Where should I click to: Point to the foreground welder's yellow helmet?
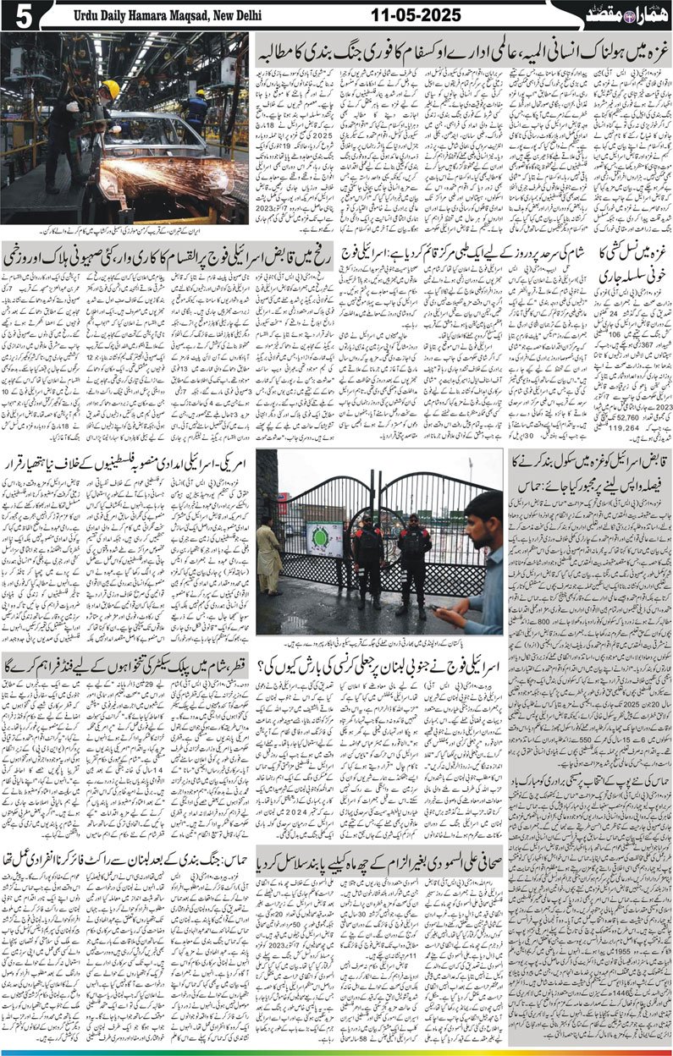111,89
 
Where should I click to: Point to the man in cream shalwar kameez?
268,558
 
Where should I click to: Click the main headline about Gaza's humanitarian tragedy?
461,46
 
